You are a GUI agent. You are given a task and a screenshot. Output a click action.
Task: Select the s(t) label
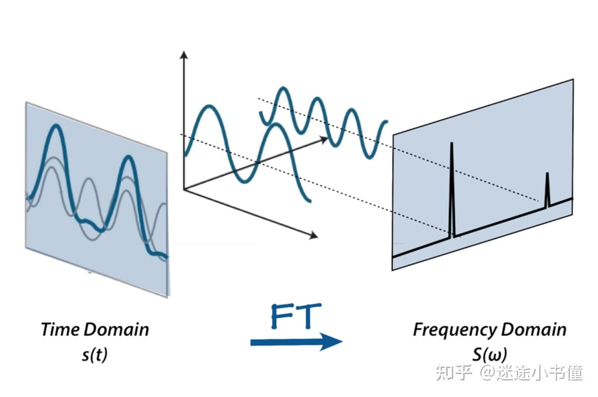click(95, 355)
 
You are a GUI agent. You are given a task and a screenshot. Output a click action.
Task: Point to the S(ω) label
click(489, 355)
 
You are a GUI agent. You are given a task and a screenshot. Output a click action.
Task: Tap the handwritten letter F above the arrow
click(283, 316)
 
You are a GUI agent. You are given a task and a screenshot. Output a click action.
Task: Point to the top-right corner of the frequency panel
click(573, 80)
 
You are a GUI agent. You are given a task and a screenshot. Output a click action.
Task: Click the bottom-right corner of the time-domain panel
click(167, 296)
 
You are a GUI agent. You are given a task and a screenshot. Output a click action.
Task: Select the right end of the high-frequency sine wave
click(386, 121)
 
